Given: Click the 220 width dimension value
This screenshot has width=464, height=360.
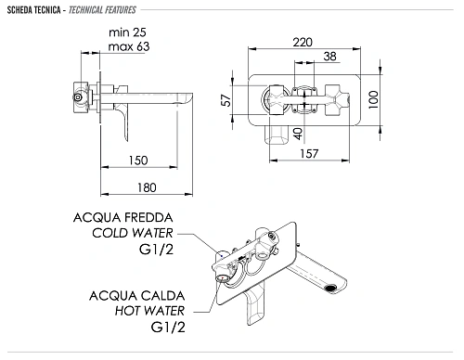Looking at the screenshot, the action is pyautogui.click(x=303, y=42).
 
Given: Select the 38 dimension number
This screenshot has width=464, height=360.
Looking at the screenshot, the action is pyautogui.click(x=329, y=57).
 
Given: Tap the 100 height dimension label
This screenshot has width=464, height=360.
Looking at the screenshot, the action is pyautogui.click(x=373, y=99).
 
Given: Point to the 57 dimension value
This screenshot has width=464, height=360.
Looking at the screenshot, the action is pyautogui.click(x=226, y=100).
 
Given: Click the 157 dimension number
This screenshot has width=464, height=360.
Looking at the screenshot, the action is pyautogui.click(x=309, y=153).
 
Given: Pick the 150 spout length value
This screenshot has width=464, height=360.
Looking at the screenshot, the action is pyautogui.click(x=138, y=161).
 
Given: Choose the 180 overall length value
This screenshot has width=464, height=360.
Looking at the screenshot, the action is pyautogui.click(x=147, y=187).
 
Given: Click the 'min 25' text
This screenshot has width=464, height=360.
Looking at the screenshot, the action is pyautogui.click(x=127, y=32).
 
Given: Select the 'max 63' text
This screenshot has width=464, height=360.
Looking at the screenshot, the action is pyautogui.click(x=129, y=46).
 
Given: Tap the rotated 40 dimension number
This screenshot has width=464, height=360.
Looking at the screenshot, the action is pyautogui.click(x=298, y=134).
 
